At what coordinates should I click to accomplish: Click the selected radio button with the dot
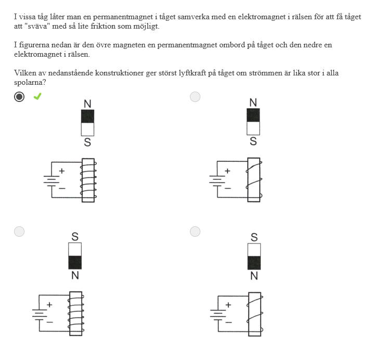point(19,97)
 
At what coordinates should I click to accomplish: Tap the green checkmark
point(37,96)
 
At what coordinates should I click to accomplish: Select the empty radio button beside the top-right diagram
point(195,97)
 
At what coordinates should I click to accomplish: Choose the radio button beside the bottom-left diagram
point(19,232)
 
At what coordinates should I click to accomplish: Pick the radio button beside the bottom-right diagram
point(195,232)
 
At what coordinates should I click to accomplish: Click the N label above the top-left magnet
point(87,104)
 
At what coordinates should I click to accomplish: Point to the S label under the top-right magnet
point(253,142)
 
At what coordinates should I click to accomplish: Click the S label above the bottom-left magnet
point(75,237)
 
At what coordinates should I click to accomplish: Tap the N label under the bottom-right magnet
point(254,276)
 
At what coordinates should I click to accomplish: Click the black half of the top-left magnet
point(87,116)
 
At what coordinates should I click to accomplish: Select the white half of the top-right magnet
point(253,128)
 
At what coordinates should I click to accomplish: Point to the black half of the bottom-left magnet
point(75,262)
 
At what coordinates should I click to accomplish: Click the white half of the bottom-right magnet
point(254,250)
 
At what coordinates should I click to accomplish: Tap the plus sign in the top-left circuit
point(62,171)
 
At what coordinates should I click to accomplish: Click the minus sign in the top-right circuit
point(228,188)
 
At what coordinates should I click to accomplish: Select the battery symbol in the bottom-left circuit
point(40,315)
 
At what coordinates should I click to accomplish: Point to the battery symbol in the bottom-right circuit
point(218,315)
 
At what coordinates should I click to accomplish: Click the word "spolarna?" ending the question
point(30,83)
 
